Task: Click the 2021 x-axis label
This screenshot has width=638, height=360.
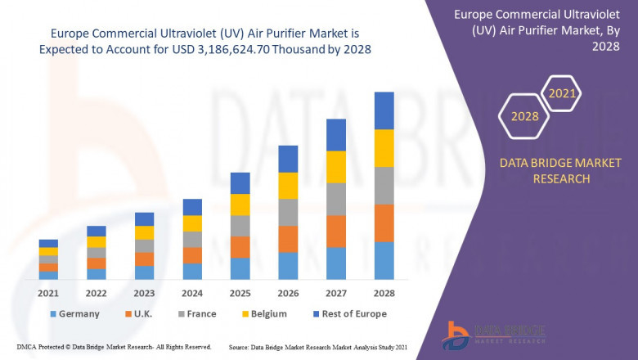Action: tap(48, 293)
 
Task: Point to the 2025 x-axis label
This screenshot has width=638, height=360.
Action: tap(240, 293)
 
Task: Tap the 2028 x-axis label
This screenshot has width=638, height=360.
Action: tap(384, 293)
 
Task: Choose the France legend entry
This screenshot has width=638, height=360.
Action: tap(200, 313)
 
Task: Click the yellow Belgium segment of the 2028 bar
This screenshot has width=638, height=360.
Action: tap(384, 148)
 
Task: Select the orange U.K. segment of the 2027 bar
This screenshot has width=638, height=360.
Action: tap(335, 231)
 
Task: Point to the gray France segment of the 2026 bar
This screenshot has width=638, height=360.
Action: tap(288, 212)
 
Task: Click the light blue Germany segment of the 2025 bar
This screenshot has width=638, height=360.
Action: tap(240, 268)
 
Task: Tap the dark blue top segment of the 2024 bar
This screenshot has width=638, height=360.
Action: tap(192, 207)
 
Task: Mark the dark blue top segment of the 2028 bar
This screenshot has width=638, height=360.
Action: tap(384, 110)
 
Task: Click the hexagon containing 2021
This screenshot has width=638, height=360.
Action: tap(561, 94)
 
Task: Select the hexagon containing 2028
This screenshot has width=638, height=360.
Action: tap(524, 116)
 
